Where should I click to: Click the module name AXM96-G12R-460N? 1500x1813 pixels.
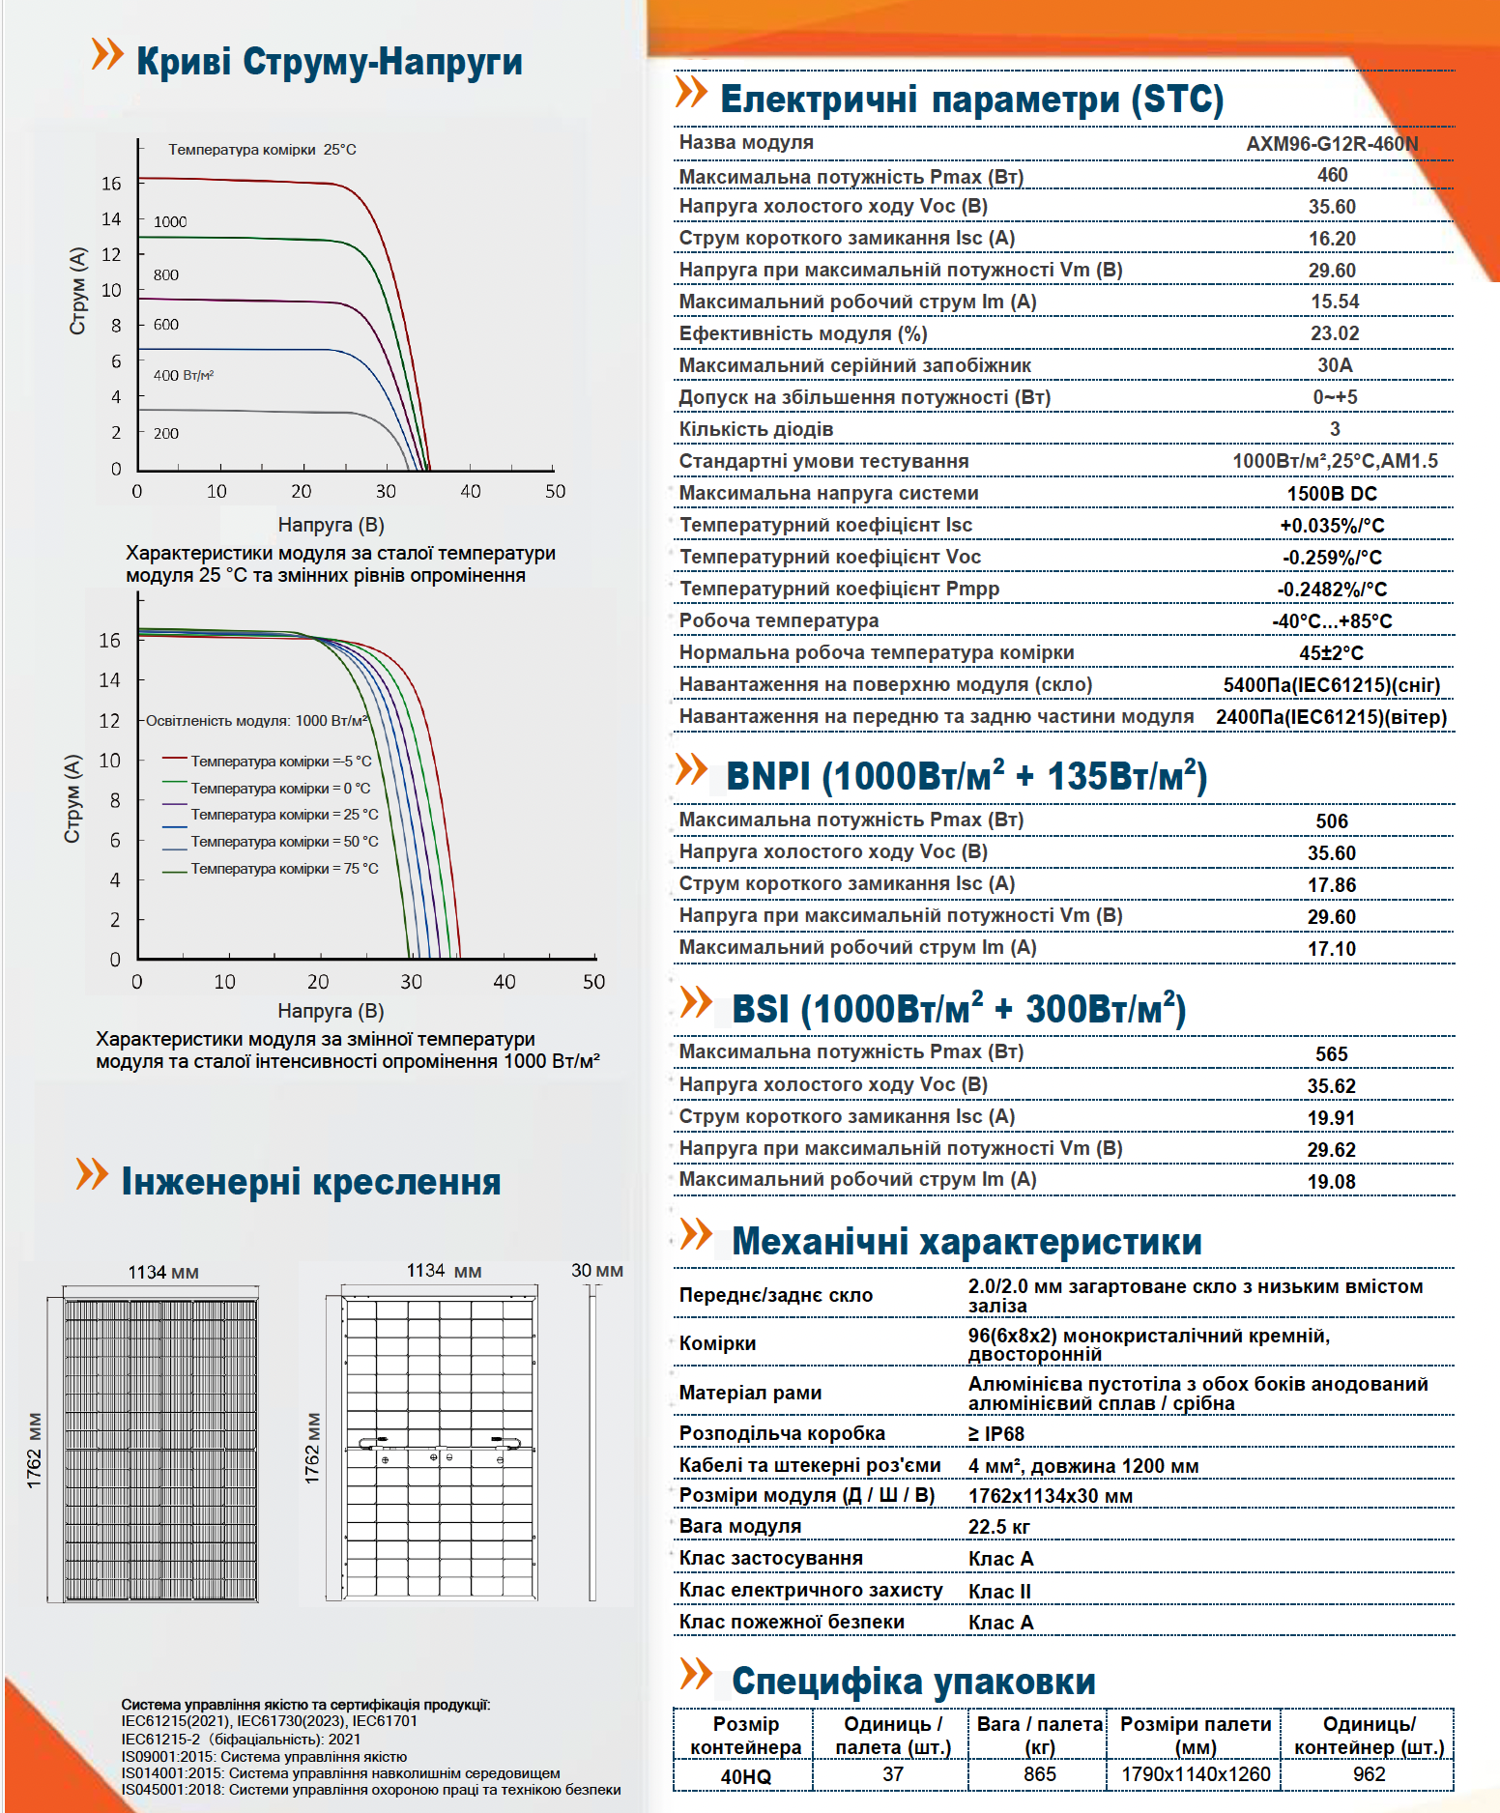tap(1332, 144)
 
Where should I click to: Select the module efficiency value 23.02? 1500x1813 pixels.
tap(1335, 333)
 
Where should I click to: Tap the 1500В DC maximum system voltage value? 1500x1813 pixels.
tap(1332, 494)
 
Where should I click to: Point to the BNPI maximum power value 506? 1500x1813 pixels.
tap(1332, 821)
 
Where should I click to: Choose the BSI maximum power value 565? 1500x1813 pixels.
tap(1332, 1054)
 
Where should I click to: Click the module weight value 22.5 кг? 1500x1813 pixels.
tap(999, 1527)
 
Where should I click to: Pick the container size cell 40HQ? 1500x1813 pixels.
tap(746, 1776)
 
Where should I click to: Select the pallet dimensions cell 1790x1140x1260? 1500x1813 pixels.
tap(1196, 1774)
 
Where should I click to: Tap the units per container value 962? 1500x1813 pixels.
tap(1369, 1774)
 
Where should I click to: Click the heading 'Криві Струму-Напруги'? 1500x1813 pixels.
tap(329, 62)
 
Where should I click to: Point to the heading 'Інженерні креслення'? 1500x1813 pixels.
tap(311, 1182)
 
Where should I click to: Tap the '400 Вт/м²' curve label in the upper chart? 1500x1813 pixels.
tap(184, 375)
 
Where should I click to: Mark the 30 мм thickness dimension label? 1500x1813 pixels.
tap(597, 1271)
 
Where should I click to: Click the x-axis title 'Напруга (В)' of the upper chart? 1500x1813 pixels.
tap(332, 525)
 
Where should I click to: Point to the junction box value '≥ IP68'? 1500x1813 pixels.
tap(996, 1434)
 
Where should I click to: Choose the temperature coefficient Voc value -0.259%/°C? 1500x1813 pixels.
tap(1332, 558)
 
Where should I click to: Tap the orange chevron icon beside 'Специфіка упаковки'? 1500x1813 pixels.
tap(696, 1674)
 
